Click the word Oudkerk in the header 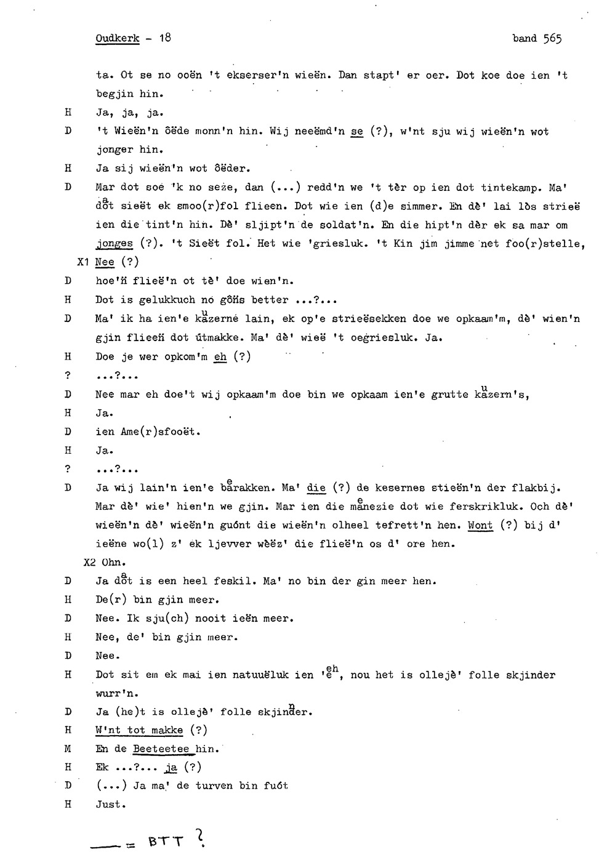[x=118, y=38]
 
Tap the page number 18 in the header [x=164, y=38]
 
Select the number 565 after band [x=552, y=38]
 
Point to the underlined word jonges [x=115, y=244]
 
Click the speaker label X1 [x=83, y=262]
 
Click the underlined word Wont [x=480, y=526]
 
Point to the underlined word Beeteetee [x=161, y=749]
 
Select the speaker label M [x=68, y=749]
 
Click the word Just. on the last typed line [x=111, y=805]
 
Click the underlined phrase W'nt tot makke [x=139, y=731]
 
